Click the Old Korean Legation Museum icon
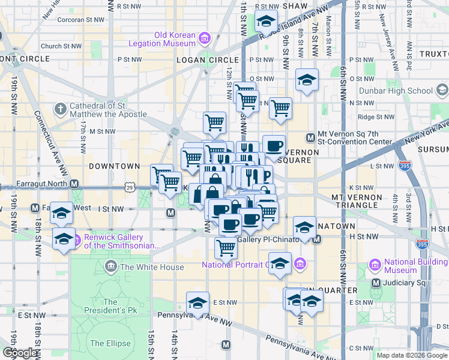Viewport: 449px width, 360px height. pos(205,39)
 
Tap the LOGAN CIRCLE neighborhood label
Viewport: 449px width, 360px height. pos(200,60)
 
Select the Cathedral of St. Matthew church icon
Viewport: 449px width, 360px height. pos(60,109)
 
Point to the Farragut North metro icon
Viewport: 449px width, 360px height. pos(74,184)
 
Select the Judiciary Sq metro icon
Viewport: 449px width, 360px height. pos(376,283)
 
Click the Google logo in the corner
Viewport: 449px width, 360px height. pos(20,353)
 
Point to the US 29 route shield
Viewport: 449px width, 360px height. pos(130,188)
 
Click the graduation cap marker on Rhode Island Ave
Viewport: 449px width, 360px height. pos(266,22)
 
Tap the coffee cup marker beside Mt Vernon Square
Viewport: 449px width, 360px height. pos(274,146)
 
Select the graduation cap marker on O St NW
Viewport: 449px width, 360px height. pos(307,80)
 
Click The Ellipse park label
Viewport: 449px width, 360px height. pos(106,343)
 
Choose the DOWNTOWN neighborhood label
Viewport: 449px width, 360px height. pos(114,166)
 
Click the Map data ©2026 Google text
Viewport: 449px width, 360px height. pos(412,355)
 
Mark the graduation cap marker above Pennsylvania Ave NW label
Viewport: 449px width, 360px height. pos(197,303)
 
